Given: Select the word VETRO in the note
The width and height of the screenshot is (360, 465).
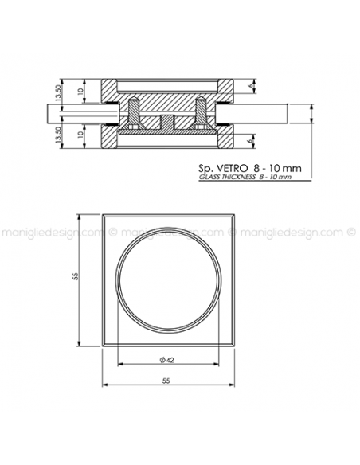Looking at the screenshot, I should coord(232,169).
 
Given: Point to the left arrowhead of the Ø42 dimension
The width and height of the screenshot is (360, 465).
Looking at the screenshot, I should coord(119,364).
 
